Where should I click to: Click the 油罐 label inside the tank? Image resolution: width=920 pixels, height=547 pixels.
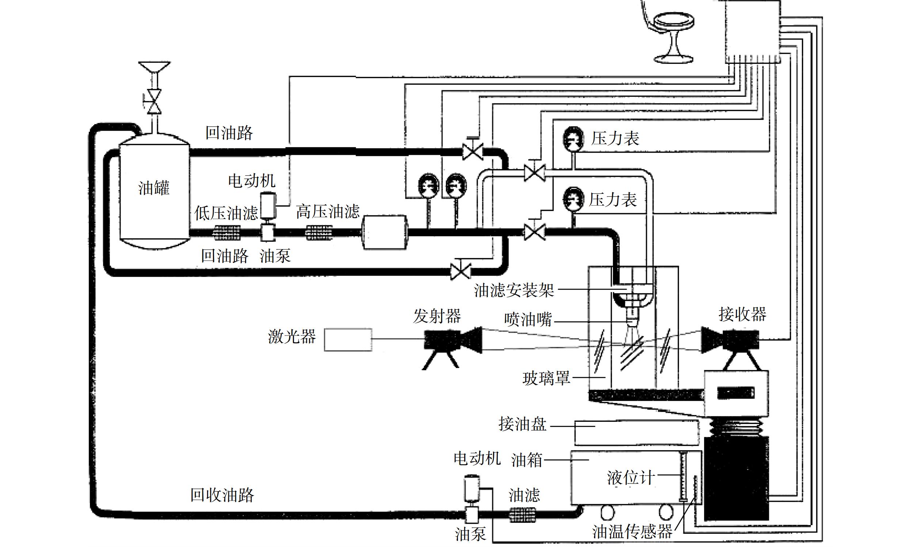[x=154, y=188]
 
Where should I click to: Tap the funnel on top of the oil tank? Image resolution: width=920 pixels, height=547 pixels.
[x=154, y=67]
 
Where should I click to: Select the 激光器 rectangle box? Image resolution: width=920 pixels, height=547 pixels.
[x=348, y=340]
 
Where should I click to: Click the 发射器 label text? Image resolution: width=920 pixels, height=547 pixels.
[x=437, y=316]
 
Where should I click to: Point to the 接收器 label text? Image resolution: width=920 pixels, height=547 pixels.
[x=743, y=314]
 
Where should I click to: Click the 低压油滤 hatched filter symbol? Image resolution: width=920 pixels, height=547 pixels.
[x=227, y=233]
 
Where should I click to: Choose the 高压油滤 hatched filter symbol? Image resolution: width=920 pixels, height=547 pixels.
[x=319, y=233]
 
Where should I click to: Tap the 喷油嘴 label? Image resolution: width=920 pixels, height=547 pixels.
[x=528, y=319]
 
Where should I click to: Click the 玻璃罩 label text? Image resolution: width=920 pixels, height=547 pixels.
[x=546, y=378]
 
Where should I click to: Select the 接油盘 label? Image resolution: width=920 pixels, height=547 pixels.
[x=522, y=424]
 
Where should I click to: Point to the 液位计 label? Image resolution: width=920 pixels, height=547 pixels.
[x=631, y=478]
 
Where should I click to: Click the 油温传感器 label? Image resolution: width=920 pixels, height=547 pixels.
[x=633, y=532]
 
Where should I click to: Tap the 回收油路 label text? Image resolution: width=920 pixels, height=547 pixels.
[x=222, y=495]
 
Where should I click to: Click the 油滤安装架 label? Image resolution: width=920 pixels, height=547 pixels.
[x=514, y=290]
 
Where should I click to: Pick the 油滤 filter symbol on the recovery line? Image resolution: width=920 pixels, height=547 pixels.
[x=522, y=515]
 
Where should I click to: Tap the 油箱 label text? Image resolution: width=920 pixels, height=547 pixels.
[x=527, y=460]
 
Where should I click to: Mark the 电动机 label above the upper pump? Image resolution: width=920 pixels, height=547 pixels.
[x=252, y=181]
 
